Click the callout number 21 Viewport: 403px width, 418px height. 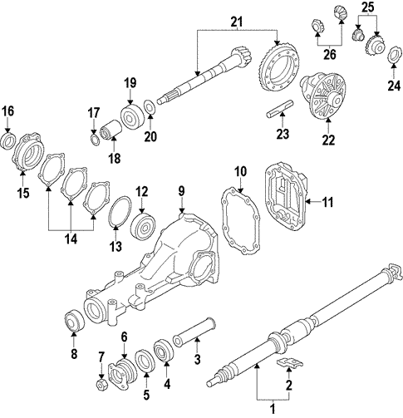click(237, 20)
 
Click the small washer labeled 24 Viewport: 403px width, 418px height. click(391, 56)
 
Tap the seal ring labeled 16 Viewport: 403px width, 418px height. click(8, 140)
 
